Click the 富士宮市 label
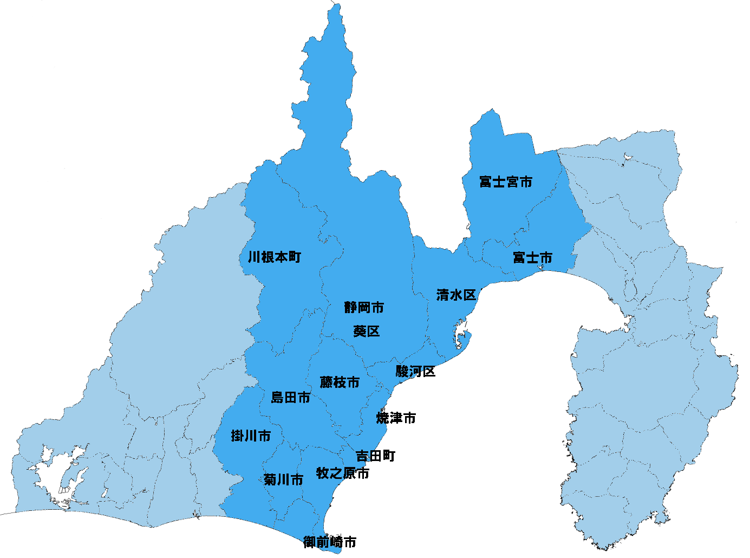click(x=506, y=182)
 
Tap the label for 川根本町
click(x=274, y=257)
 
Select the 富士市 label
click(x=532, y=258)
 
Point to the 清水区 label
click(x=456, y=295)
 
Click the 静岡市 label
click(x=364, y=308)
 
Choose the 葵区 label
click(x=367, y=331)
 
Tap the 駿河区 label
click(x=415, y=372)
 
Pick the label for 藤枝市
click(x=340, y=382)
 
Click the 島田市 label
click(x=291, y=398)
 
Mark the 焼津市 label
click(x=396, y=418)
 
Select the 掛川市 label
click(x=251, y=436)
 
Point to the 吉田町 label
click(x=375, y=456)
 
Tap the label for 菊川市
click(x=283, y=479)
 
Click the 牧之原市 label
click(x=343, y=473)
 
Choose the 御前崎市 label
click(x=330, y=542)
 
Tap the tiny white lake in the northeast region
click(x=628, y=157)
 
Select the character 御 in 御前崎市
click(x=310, y=542)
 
